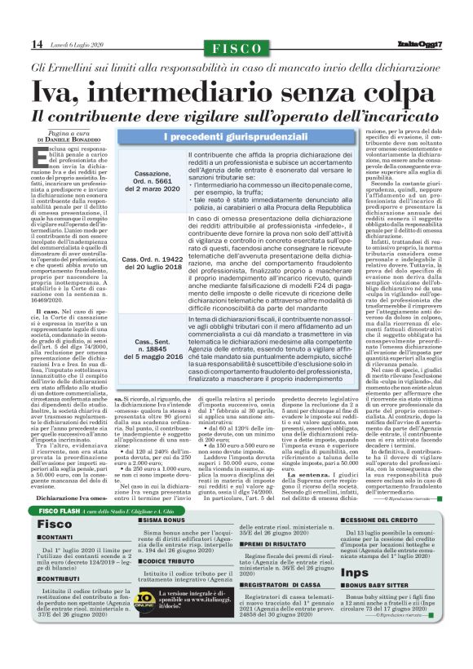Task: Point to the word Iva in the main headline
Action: click(x=56, y=90)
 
